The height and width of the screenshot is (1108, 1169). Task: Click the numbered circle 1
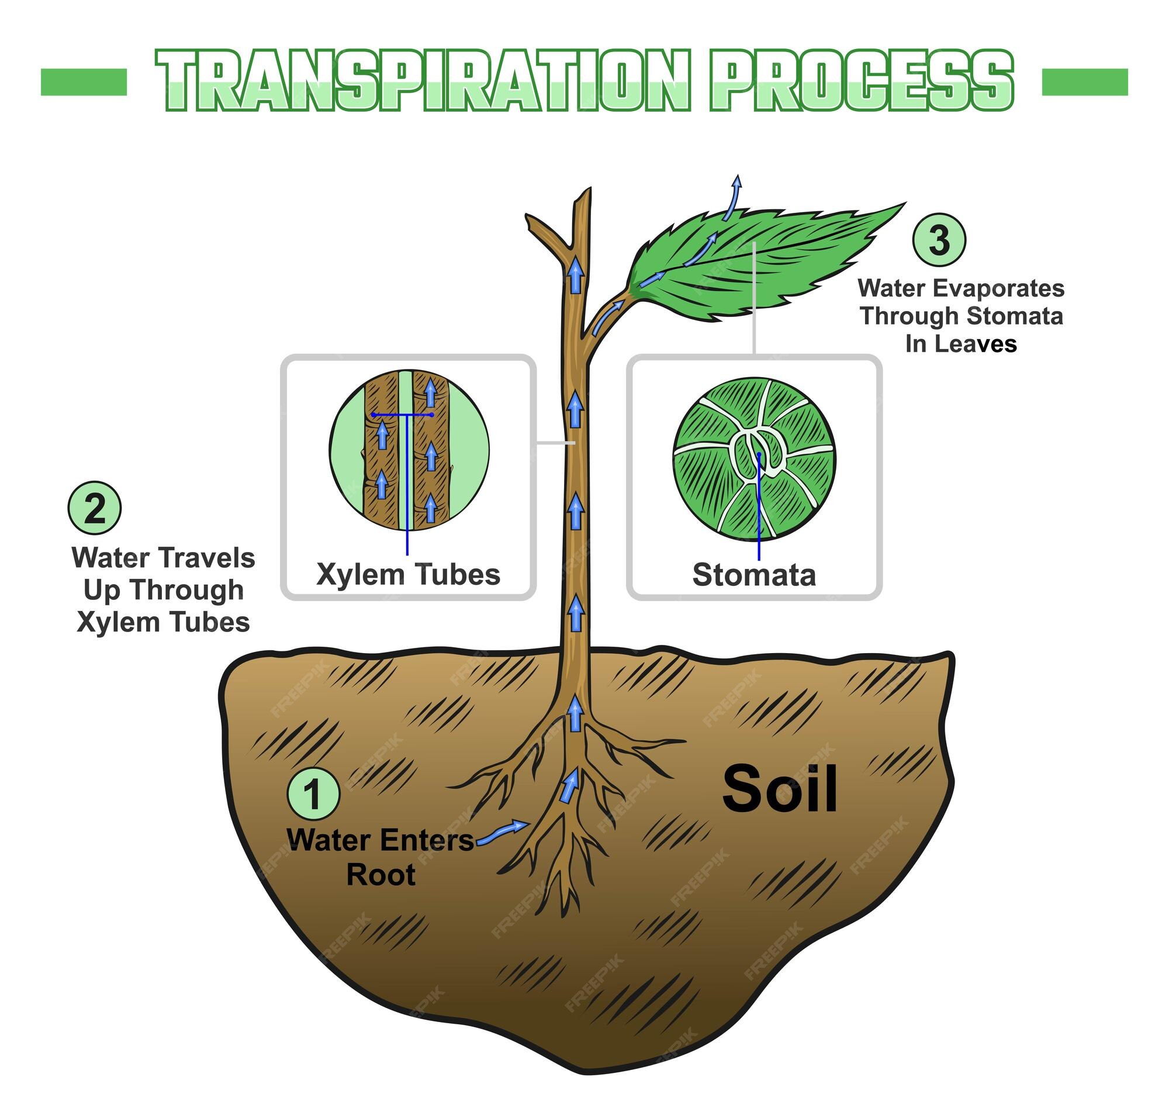pyautogui.click(x=313, y=793)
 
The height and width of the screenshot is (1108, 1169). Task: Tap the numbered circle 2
pyautogui.click(x=95, y=509)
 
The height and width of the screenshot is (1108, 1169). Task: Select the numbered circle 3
pyautogui.click(x=939, y=240)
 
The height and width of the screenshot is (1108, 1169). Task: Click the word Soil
pyautogui.click(x=779, y=789)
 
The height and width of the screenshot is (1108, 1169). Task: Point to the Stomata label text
pyautogui.click(x=754, y=575)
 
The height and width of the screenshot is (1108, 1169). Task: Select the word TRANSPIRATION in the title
pyautogui.click(x=423, y=80)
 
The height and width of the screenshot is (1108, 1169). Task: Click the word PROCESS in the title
pyautogui.click(x=862, y=80)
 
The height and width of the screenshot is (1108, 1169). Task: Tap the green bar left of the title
pyautogui.click(x=84, y=81)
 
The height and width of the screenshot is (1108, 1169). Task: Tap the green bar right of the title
pyautogui.click(x=1085, y=81)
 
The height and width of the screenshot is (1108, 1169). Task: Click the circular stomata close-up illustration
pyautogui.click(x=754, y=459)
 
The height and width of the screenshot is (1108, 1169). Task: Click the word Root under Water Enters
pyautogui.click(x=381, y=875)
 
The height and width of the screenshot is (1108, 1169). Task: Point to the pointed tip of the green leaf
pyautogui.click(x=903, y=205)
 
